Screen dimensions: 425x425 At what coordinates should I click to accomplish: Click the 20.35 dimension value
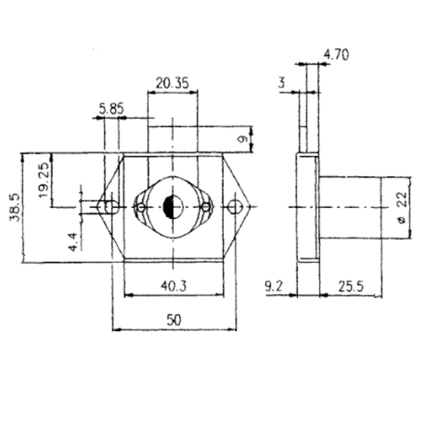click(x=172, y=83)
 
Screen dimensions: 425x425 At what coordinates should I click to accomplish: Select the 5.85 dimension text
click(x=112, y=109)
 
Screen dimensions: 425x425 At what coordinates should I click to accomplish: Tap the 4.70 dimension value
click(x=336, y=55)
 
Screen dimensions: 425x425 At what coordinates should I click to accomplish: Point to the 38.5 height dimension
click(x=14, y=207)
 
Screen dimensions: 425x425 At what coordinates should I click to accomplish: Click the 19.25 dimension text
click(x=44, y=180)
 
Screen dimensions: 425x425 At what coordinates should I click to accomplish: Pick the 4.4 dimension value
click(x=73, y=242)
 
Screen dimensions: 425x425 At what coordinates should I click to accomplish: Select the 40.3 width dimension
click(x=174, y=286)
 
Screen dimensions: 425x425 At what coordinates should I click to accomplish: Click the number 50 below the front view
click(x=174, y=320)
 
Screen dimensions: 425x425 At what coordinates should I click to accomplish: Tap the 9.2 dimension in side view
click(x=274, y=286)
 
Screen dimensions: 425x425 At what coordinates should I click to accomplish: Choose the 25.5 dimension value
click(x=351, y=286)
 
